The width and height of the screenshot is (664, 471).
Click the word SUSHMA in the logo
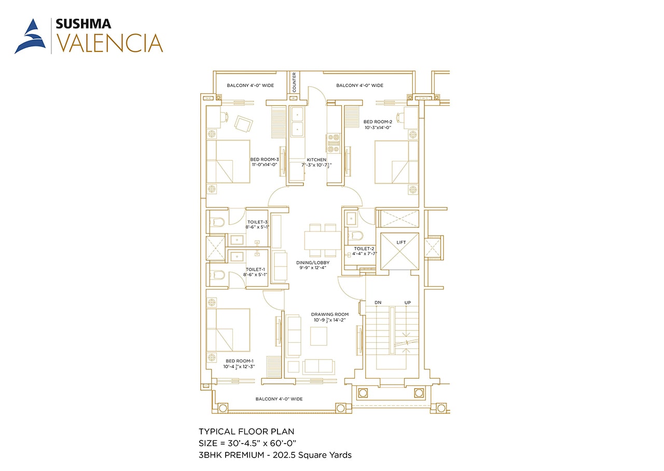point(84,24)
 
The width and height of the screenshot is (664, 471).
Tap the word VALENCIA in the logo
point(109,43)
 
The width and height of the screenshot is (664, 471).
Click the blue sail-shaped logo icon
point(30,36)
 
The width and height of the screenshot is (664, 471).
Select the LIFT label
point(401,242)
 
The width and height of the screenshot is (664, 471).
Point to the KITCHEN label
point(316,160)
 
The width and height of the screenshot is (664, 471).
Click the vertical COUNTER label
point(294,82)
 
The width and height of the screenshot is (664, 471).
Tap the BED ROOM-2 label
point(378,122)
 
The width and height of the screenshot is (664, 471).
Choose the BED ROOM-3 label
point(265,159)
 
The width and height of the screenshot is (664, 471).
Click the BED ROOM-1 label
point(240,361)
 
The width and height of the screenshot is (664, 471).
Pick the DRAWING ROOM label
point(329,314)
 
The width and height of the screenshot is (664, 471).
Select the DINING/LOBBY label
point(313,262)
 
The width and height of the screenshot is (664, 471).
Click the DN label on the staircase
point(378,302)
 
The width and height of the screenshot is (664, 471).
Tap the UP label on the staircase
point(408,302)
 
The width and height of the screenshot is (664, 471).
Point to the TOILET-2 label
point(364,248)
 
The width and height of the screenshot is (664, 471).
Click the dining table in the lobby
point(323,240)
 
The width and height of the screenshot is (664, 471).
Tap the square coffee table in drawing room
point(319,336)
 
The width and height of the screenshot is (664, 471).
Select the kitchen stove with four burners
point(333,144)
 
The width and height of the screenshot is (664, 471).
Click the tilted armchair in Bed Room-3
point(243,124)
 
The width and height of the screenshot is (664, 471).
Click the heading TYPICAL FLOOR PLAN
point(246,432)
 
